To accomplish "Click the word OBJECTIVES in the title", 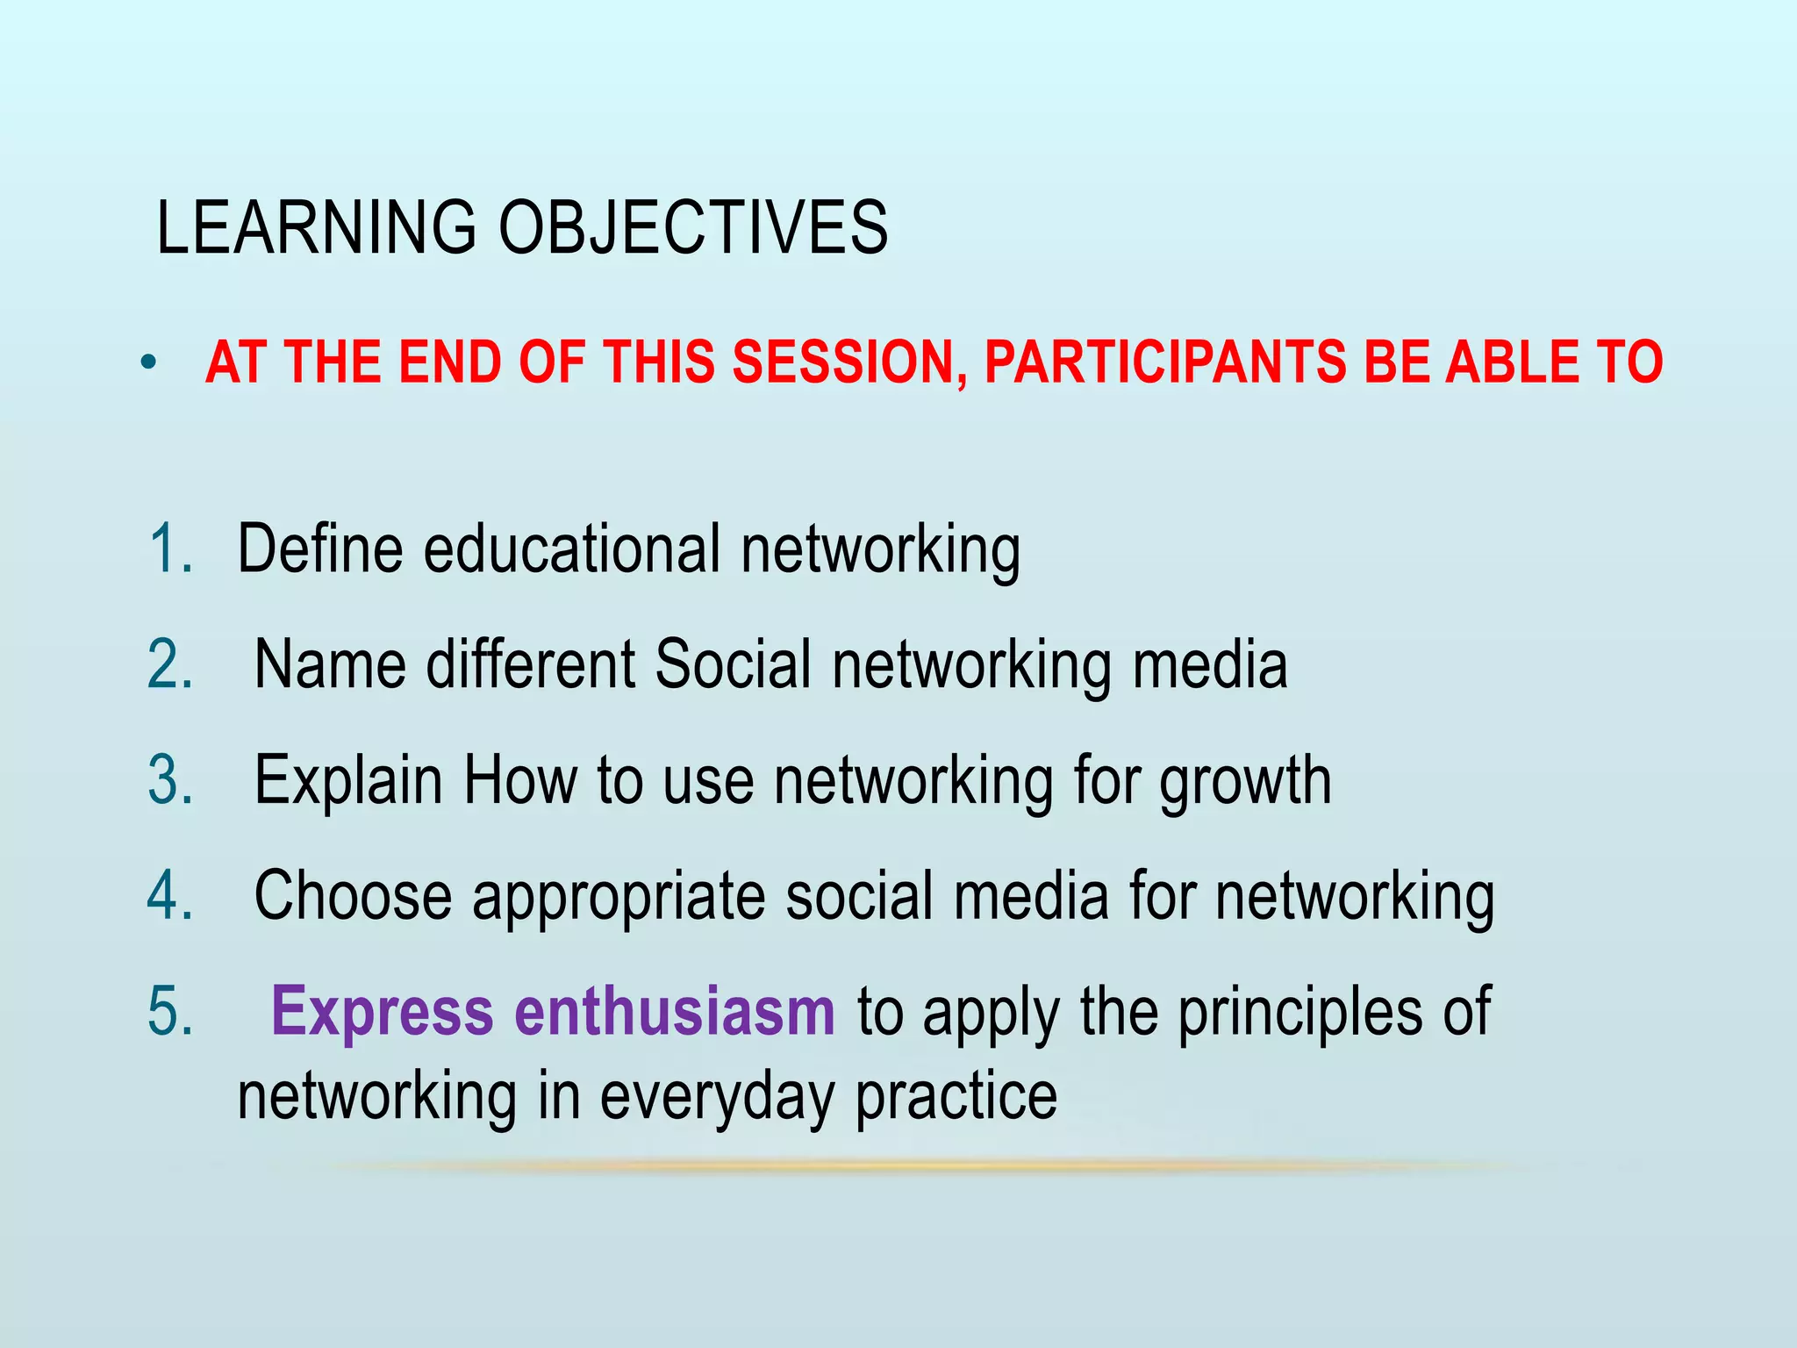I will pyautogui.click(x=693, y=228).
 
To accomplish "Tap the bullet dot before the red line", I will pyautogui.click(x=149, y=362).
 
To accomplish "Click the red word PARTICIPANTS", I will pyautogui.click(x=1165, y=362).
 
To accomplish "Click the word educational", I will pyautogui.click(x=571, y=549).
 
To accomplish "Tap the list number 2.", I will pyautogui.click(x=170, y=665).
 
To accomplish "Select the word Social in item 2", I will pyautogui.click(x=734, y=665).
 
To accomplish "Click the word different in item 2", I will pyautogui.click(x=531, y=665).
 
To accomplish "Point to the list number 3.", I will pyautogui.click(x=170, y=780).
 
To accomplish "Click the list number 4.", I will pyautogui.click(x=170, y=896).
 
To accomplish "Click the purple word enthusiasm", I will pyautogui.click(x=674, y=1012).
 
